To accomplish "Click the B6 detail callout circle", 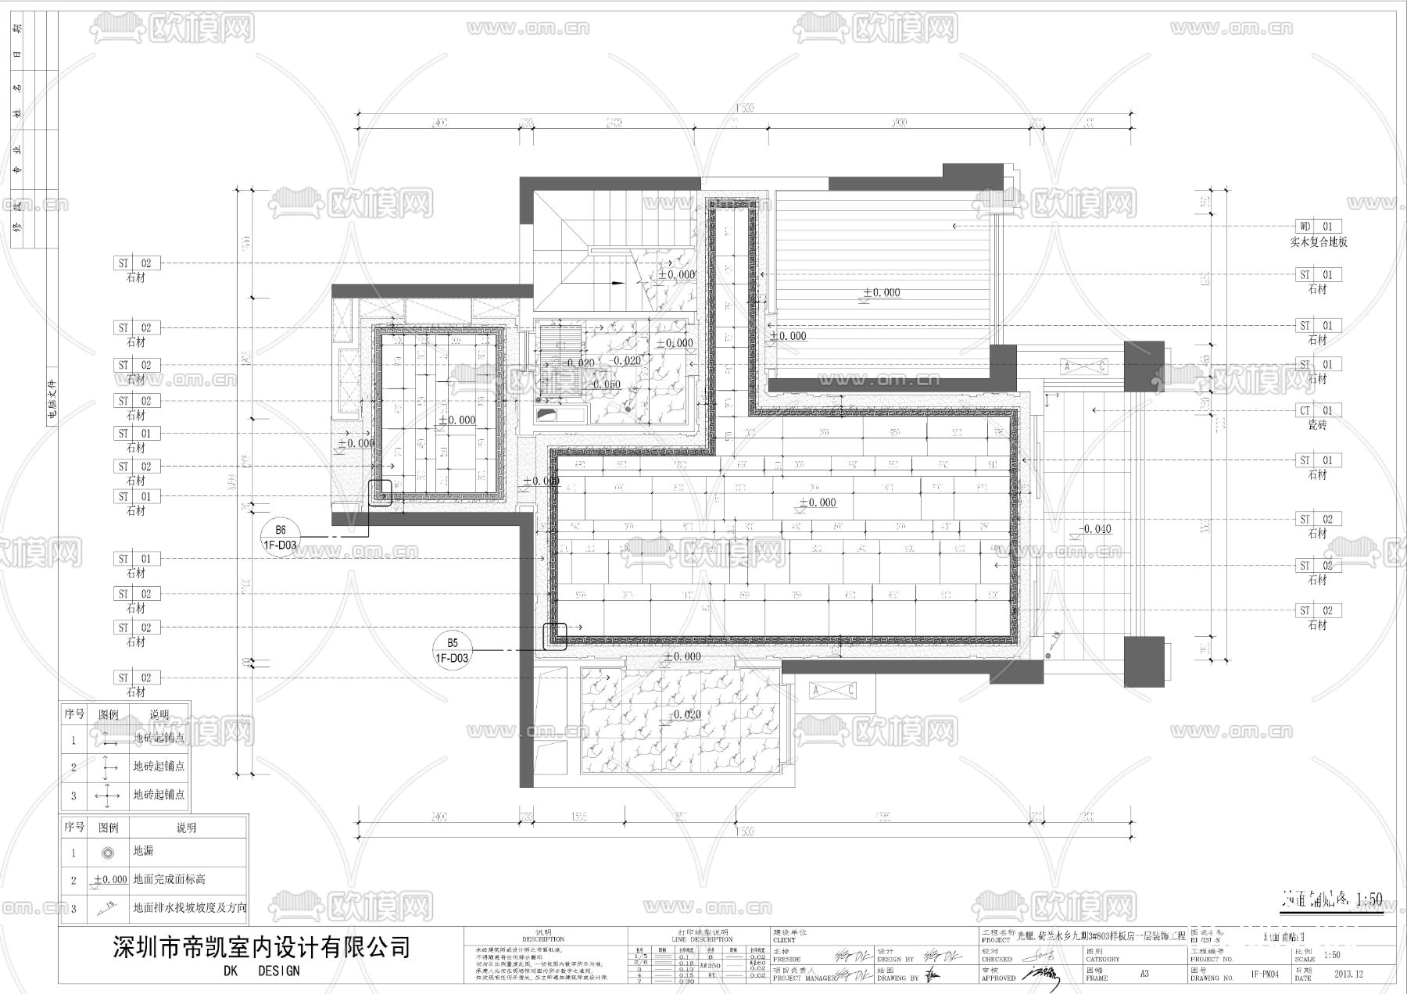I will [280, 538].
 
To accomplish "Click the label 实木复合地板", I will [1319, 242].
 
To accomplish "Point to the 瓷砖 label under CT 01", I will [1317, 425].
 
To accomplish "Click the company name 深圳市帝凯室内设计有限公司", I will [262, 948].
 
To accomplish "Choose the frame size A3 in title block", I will [1144, 974].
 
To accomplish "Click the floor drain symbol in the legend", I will [108, 852].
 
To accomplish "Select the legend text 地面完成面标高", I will [169, 880].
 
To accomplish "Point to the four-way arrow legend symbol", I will [108, 796].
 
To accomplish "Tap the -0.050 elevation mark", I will [605, 384].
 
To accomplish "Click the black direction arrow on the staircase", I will [618, 282].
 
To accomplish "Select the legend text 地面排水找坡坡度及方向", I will [190, 908].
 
